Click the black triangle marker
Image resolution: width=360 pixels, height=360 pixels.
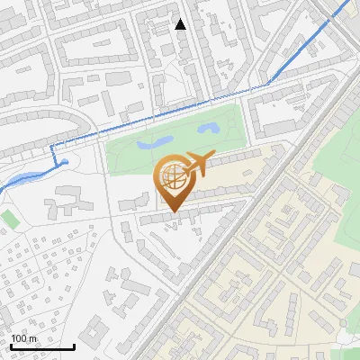[x=181, y=24]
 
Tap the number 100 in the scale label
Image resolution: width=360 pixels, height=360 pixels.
[x=19, y=338]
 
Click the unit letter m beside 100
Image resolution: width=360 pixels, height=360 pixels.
[x=32, y=338]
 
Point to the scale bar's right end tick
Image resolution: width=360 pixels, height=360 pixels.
[x=74, y=346]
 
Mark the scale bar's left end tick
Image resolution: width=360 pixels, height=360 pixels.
[x=10, y=346]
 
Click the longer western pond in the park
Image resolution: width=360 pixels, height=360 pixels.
[x=153, y=142]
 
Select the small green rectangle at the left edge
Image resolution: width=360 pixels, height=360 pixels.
[x=9, y=219]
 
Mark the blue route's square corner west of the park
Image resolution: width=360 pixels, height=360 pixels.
[x=51, y=146]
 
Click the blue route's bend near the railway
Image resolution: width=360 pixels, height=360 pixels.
[x=269, y=85]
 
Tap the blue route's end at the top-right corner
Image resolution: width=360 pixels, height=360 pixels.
[x=349, y=3]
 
